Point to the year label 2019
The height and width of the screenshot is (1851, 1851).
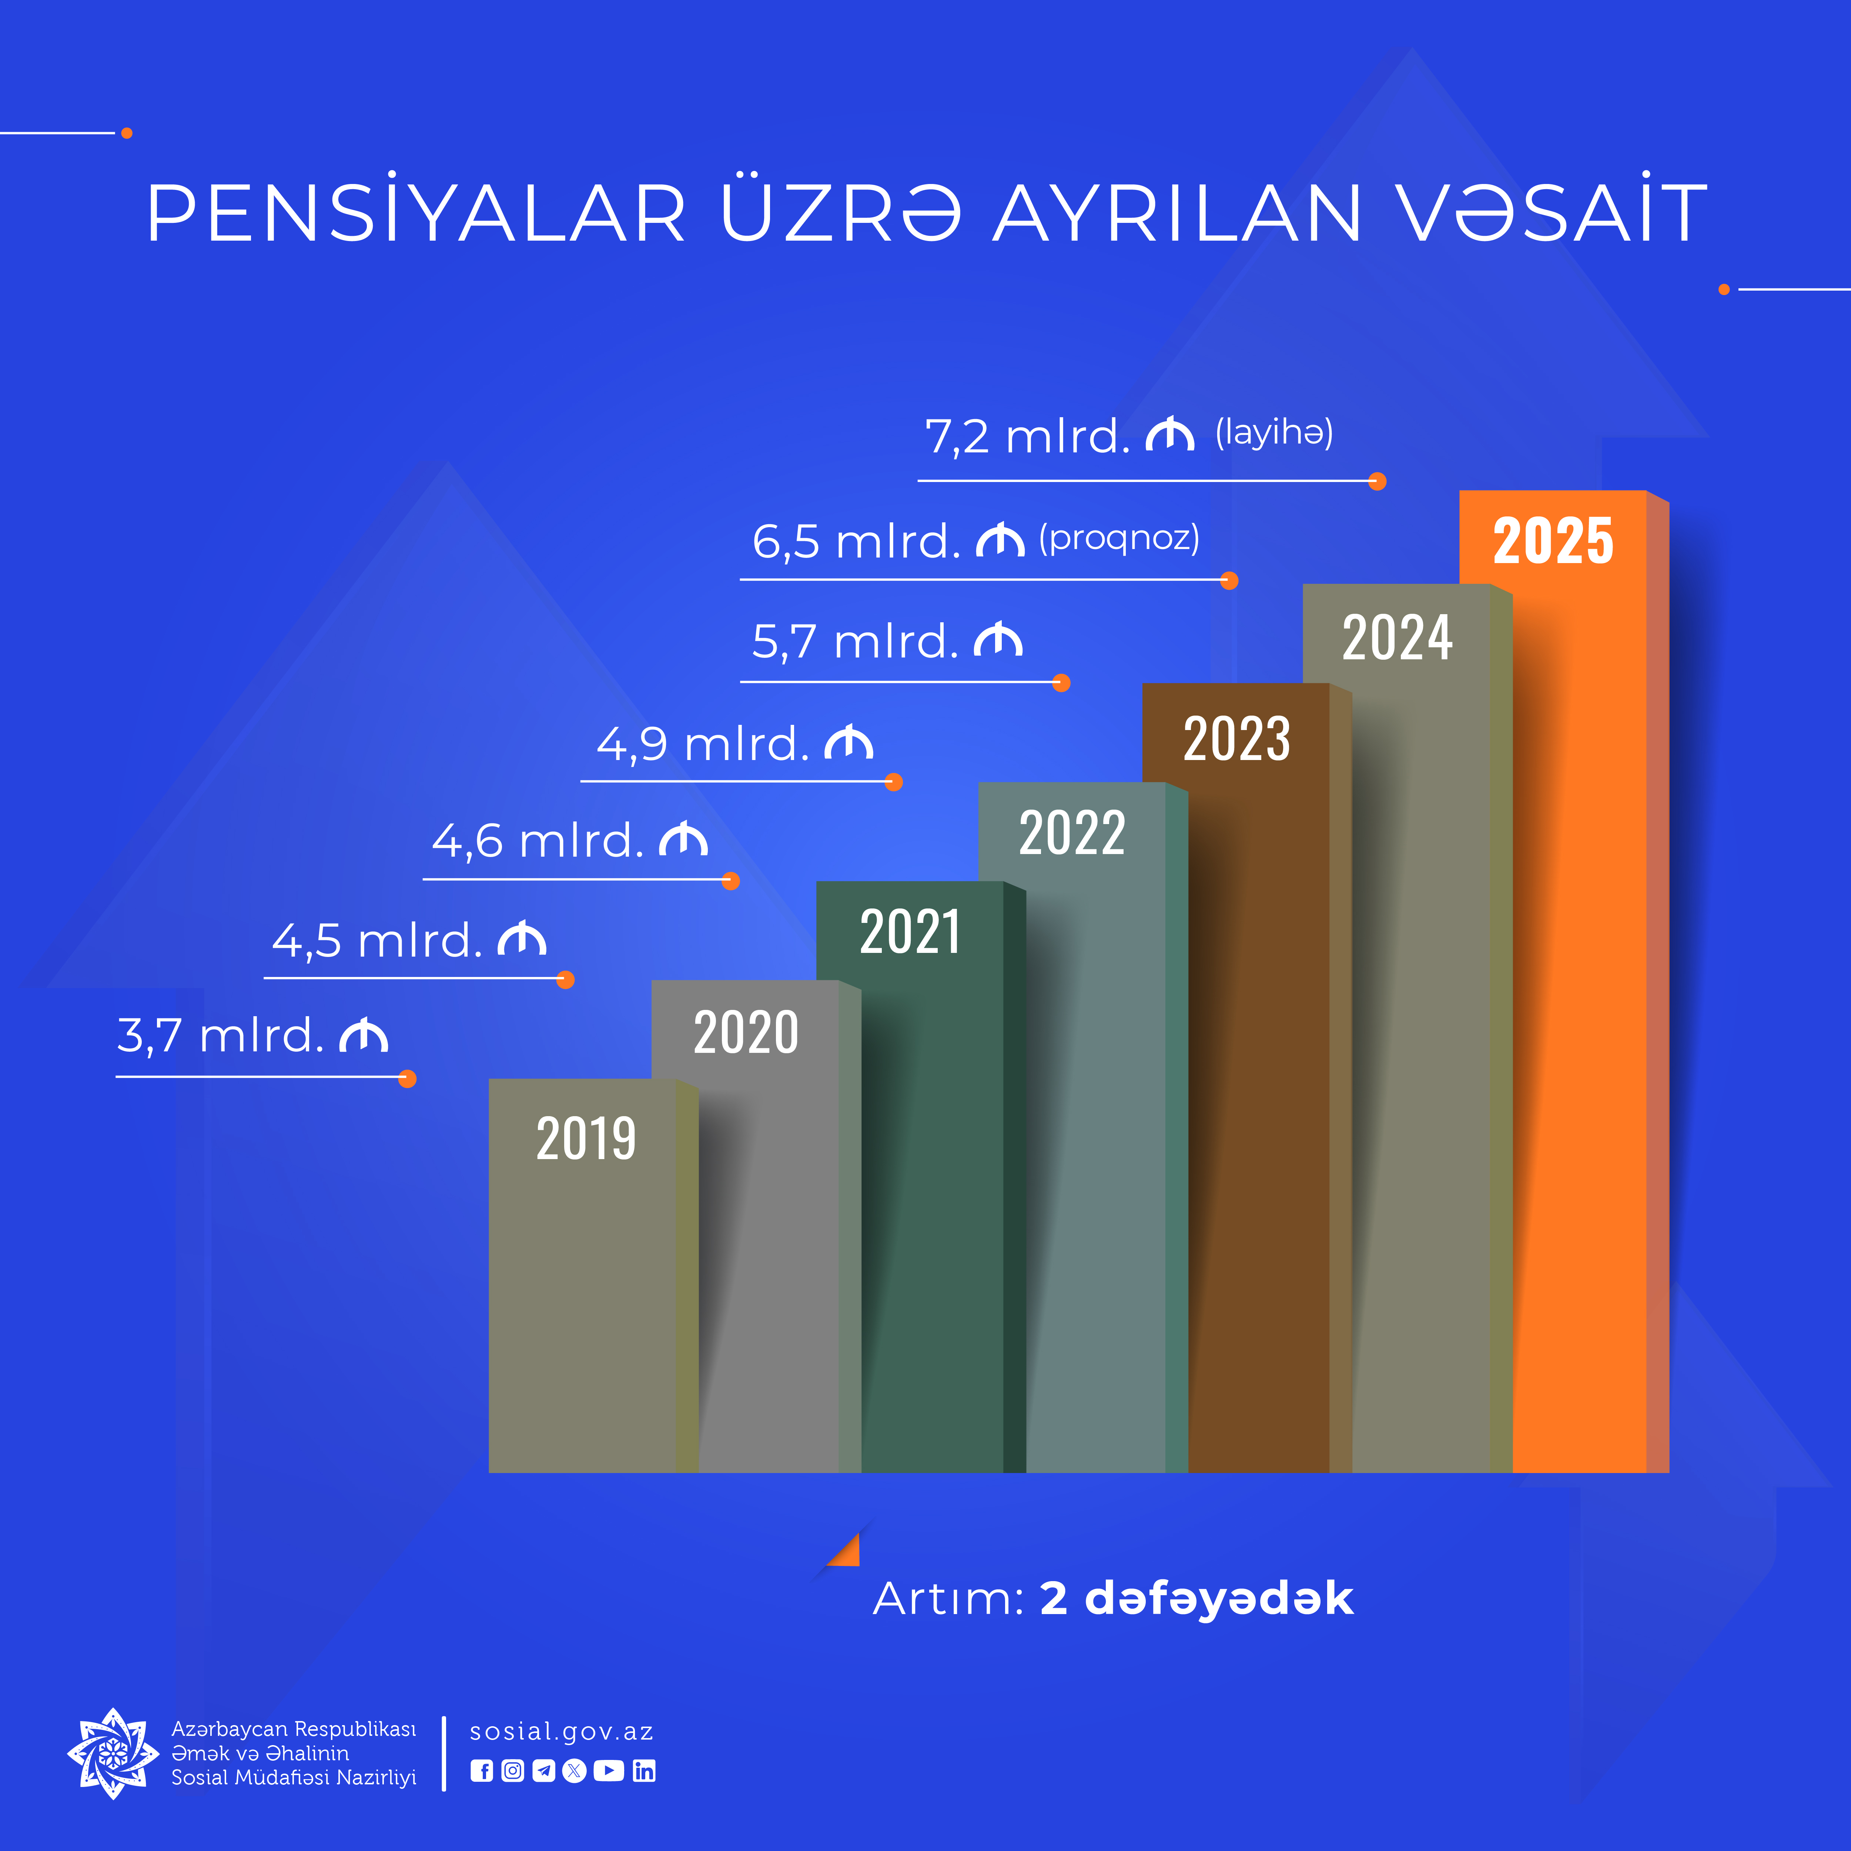[585, 1138]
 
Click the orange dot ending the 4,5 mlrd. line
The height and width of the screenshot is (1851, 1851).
[565, 979]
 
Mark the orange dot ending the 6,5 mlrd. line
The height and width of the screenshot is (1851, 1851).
[1229, 580]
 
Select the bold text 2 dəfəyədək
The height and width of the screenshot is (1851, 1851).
[1196, 1598]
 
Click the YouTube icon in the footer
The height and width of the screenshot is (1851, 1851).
[608, 1771]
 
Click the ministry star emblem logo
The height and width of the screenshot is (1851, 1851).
[113, 1753]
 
